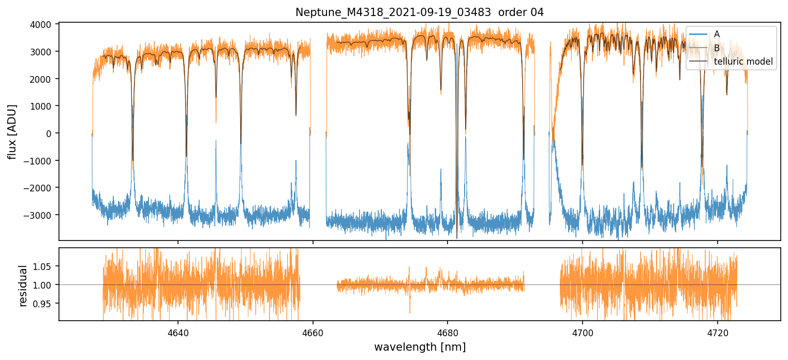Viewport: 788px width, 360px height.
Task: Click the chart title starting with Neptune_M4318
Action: point(420,12)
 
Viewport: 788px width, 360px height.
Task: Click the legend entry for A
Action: point(717,34)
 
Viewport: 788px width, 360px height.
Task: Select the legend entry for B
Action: point(717,48)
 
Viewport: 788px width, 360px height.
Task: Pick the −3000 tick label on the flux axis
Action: point(41,215)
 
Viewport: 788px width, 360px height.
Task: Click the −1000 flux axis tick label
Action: point(41,161)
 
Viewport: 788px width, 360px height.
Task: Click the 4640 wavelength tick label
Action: point(178,332)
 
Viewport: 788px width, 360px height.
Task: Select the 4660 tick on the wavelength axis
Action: point(313,332)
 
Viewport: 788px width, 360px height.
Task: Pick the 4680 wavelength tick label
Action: point(448,332)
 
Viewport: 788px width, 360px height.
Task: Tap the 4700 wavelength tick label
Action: point(583,332)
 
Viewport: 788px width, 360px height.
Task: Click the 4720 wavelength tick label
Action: point(718,332)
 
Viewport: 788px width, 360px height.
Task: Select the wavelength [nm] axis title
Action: point(420,347)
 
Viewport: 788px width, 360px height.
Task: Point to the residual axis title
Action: point(23,285)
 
